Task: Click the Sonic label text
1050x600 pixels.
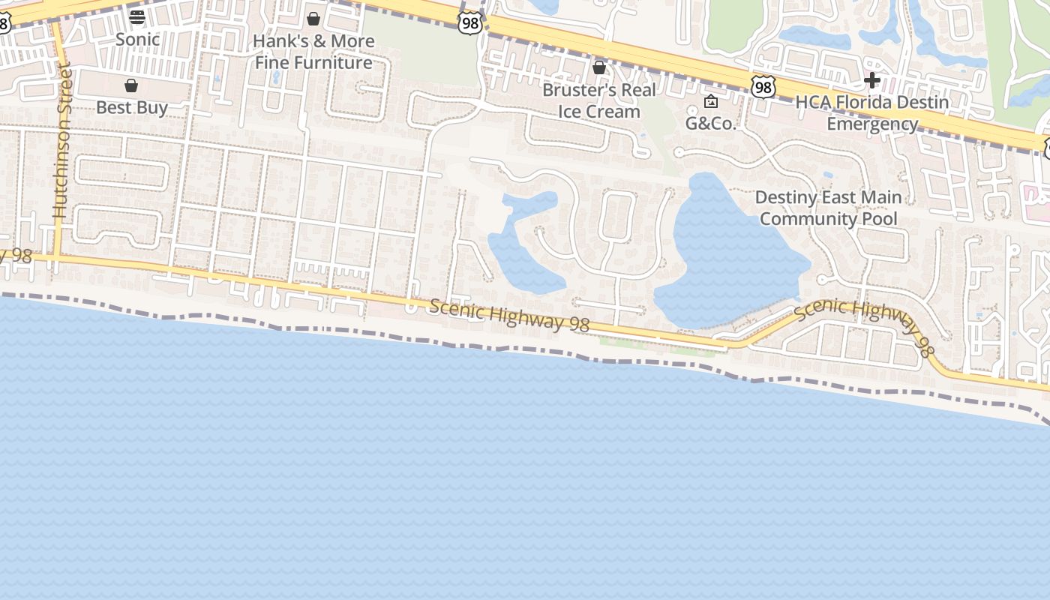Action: (x=137, y=40)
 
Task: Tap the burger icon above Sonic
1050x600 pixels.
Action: (x=137, y=16)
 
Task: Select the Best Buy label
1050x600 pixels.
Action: (x=132, y=108)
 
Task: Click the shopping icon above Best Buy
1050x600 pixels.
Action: (x=131, y=85)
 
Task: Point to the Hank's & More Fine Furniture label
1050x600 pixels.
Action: (x=313, y=52)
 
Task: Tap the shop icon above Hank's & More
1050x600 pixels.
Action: (x=313, y=18)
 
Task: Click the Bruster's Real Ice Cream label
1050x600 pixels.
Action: (x=599, y=100)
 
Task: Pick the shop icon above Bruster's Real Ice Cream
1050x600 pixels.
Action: (x=599, y=68)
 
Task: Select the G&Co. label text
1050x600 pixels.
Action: (x=711, y=124)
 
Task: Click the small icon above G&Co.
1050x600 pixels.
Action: (x=711, y=101)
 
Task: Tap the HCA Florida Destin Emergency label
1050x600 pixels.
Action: (x=872, y=112)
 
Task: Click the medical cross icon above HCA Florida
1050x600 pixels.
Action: (x=871, y=79)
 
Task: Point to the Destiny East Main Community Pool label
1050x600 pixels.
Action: (x=828, y=208)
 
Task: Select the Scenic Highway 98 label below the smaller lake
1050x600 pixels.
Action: (x=509, y=316)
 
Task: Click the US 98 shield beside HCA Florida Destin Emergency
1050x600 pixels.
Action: (x=763, y=88)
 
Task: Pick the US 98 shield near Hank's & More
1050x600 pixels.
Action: (x=469, y=23)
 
